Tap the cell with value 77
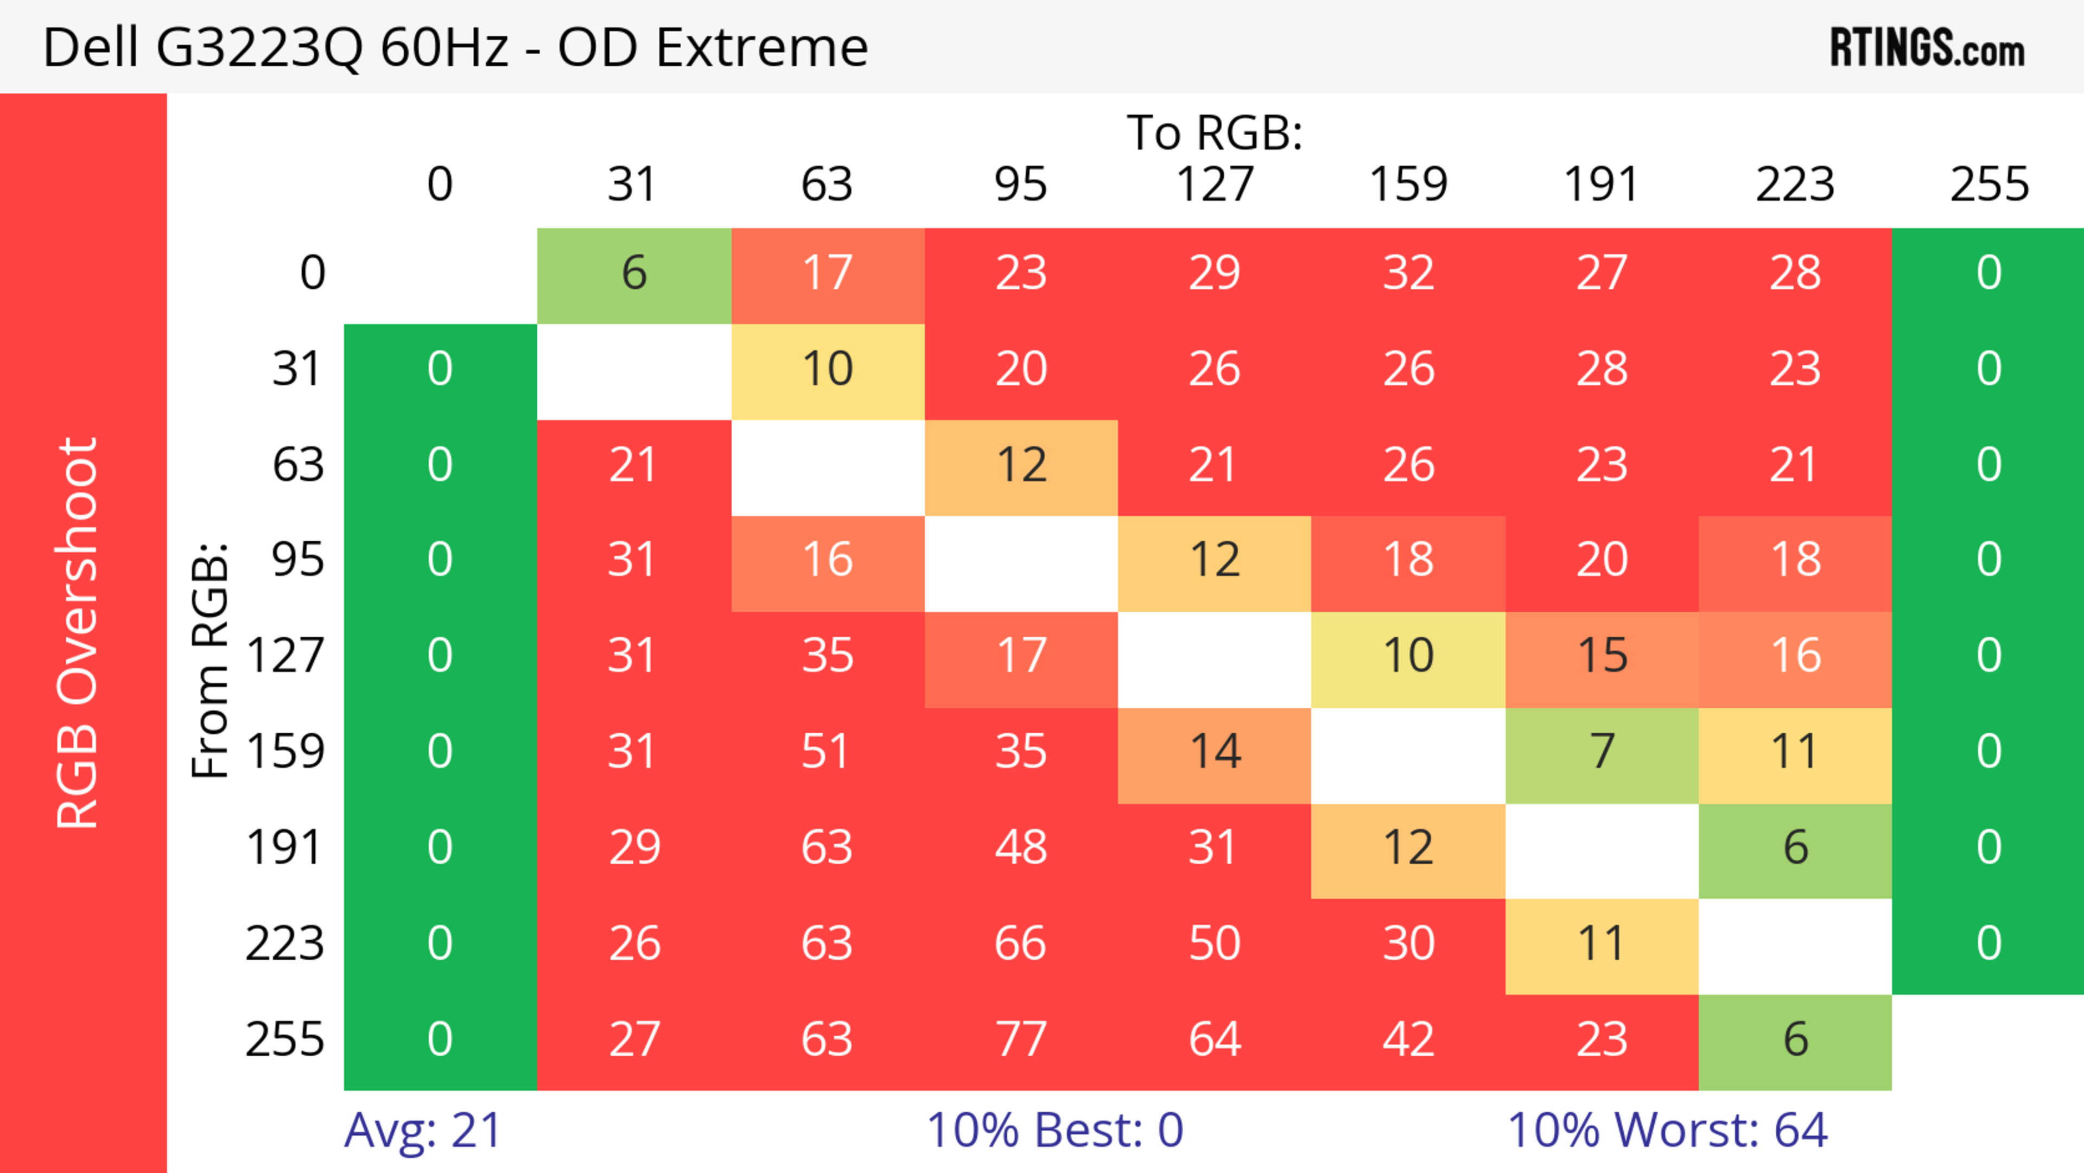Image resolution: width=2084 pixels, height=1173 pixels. click(1021, 1039)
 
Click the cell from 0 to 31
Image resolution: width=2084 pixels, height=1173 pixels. click(633, 272)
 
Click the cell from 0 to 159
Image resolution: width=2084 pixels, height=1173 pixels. click(1408, 272)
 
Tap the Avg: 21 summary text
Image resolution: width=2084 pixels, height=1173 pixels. click(422, 1130)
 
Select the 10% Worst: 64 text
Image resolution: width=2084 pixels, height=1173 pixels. click(1667, 1130)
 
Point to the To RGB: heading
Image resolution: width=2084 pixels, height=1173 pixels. click(1215, 132)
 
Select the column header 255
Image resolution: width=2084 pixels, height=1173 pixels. click(1990, 185)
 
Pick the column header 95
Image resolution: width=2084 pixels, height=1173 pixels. click(1021, 185)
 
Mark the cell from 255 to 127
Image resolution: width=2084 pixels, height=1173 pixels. click(1215, 1039)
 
